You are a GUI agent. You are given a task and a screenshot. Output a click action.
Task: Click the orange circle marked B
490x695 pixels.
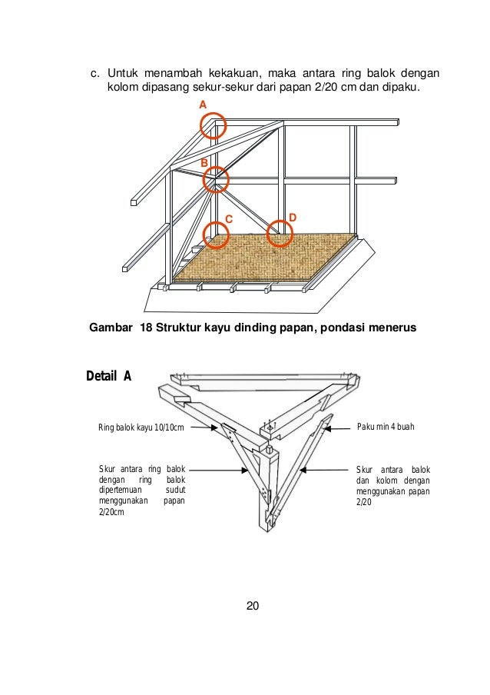[216, 179]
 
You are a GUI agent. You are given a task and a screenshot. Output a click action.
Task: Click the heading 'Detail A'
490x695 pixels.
[108, 376]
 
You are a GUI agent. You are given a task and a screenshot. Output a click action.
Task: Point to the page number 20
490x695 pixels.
[253, 606]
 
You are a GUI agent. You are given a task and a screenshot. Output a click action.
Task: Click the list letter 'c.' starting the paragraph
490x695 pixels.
[95, 74]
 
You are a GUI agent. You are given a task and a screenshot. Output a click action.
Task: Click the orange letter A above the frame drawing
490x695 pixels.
[203, 104]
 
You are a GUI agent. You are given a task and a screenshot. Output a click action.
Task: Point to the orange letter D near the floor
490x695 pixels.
[292, 218]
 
